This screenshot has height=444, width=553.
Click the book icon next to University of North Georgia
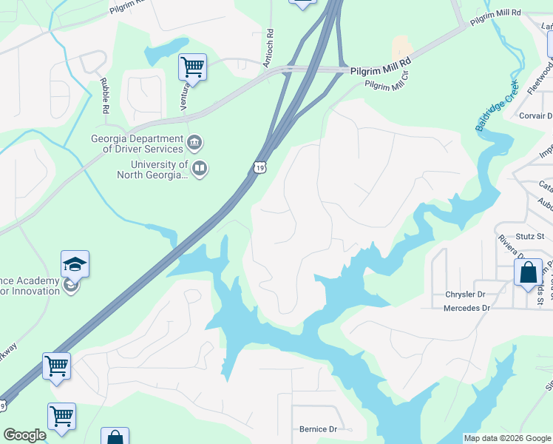pos(200,169)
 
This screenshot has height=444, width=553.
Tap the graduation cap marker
pos(75,263)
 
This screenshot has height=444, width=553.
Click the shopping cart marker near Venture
pos(192,67)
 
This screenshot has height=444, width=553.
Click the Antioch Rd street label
pos(270,47)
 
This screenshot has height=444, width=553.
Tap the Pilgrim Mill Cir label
pos(386,81)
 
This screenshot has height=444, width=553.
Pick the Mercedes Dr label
pos(467,308)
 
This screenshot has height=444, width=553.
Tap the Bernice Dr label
pos(318,429)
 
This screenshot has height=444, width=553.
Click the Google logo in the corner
pos(24,435)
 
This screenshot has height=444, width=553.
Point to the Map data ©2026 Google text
pos(506,438)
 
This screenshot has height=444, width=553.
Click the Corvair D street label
pos(535,116)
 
